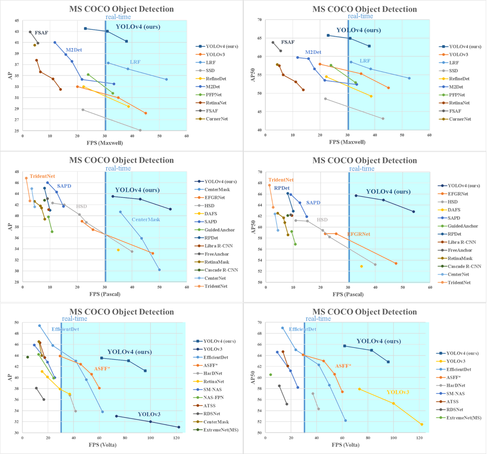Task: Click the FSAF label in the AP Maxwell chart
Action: click(41, 32)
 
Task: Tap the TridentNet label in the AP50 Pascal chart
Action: click(281, 180)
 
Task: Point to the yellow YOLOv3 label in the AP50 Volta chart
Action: click(398, 392)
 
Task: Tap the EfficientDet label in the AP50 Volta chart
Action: click(303, 329)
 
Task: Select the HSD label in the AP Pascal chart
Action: click(81, 207)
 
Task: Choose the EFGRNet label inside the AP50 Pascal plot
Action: click(359, 234)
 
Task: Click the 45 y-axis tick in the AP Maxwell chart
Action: click(16, 20)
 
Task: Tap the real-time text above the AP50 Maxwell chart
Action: click(361, 16)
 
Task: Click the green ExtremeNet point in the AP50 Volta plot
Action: click(270, 375)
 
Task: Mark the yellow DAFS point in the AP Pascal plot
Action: click(118, 250)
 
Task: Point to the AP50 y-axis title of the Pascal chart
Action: click(252, 226)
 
